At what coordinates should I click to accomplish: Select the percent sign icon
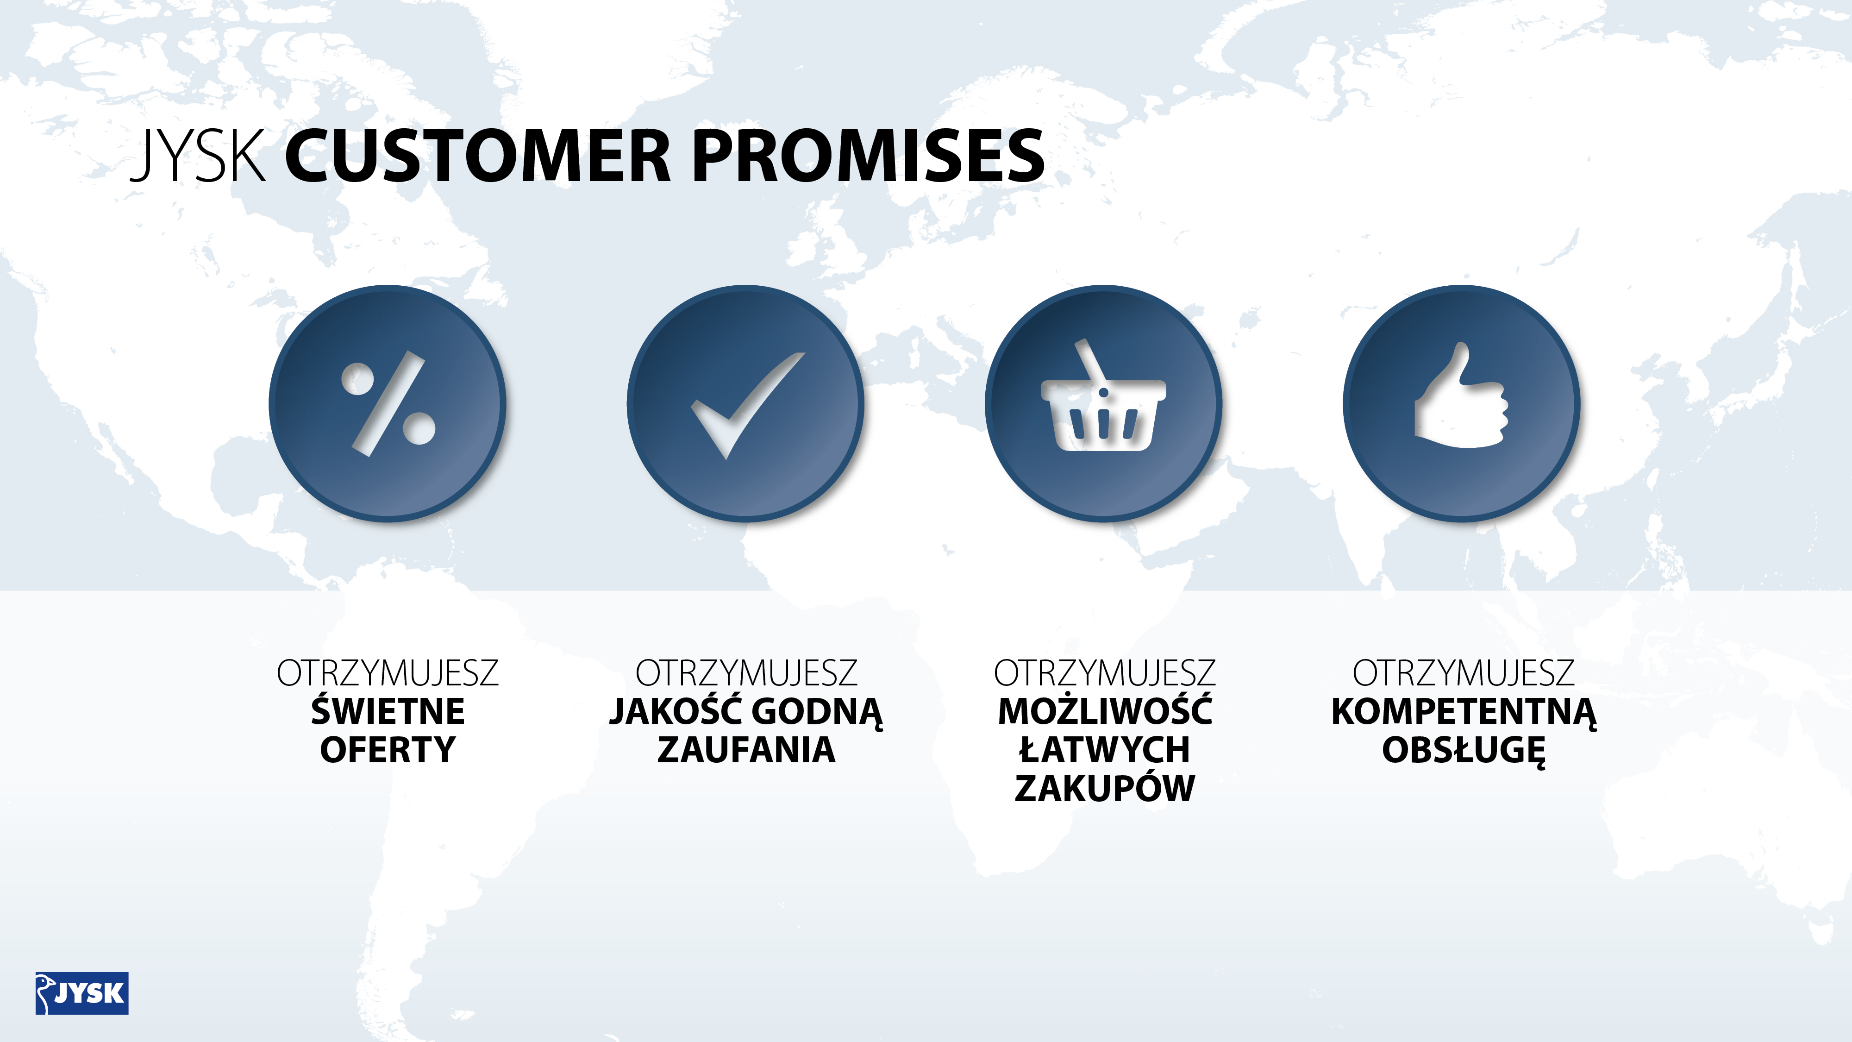click(388, 403)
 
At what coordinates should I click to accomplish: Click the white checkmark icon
click(748, 405)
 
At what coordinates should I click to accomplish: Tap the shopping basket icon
click(1104, 396)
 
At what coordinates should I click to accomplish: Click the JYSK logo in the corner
click(82, 993)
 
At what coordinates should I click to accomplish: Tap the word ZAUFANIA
click(746, 749)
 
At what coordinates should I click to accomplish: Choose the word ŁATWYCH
click(1105, 749)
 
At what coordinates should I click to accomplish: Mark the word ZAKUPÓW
click(1105, 787)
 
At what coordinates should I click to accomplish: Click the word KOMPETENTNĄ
click(1464, 712)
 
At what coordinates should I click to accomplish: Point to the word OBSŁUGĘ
click(1464, 751)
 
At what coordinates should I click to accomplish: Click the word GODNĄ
click(818, 712)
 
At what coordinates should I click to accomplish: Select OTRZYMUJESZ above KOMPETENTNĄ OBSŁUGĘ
click(1464, 673)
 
